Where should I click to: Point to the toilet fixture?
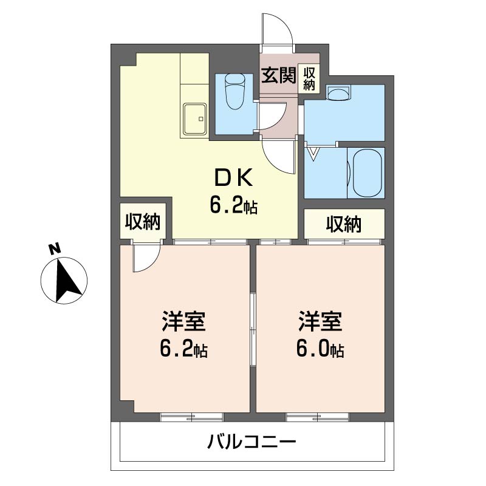click(x=234, y=90)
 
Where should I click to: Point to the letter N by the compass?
click(x=55, y=248)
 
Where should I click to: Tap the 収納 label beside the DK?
click(x=143, y=222)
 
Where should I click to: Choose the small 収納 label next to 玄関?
click(x=309, y=78)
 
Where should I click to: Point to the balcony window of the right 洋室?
click(x=317, y=417)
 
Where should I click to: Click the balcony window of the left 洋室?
click(x=191, y=417)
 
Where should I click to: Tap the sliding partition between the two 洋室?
click(x=253, y=328)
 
